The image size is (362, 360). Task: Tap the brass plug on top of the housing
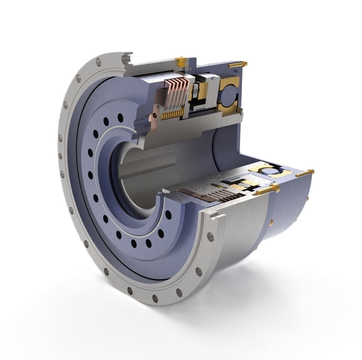182,61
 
